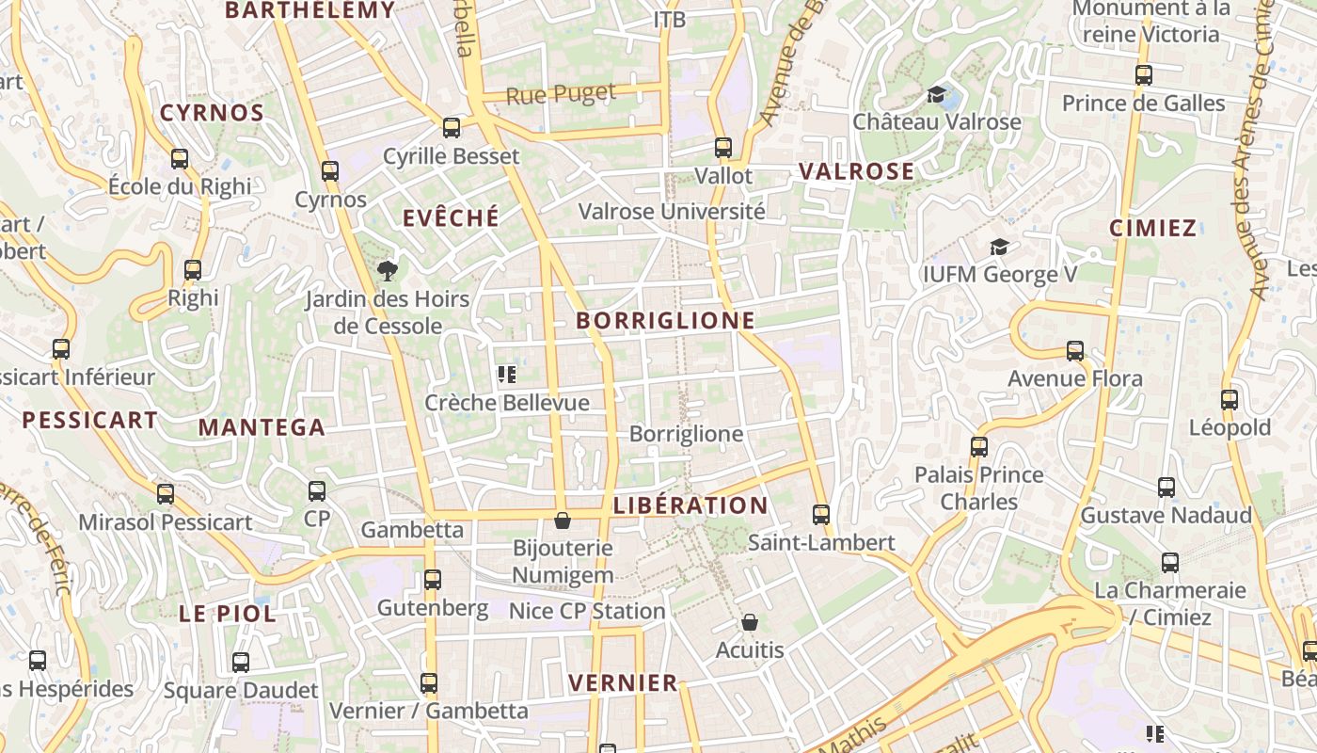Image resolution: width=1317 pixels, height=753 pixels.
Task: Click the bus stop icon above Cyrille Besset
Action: click(x=452, y=127)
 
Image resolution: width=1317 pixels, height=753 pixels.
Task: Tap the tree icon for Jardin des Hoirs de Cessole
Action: click(x=387, y=272)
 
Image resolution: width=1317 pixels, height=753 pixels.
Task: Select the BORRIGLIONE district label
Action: click(x=666, y=320)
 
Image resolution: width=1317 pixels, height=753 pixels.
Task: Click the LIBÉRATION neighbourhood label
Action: click(x=690, y=505)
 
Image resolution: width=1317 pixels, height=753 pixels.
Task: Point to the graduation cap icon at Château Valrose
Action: click(x=936, y=94)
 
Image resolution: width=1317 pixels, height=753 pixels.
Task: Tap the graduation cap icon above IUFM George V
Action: click(x=999, y=247)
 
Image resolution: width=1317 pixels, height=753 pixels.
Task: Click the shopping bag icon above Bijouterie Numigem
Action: click(x=563, y=521)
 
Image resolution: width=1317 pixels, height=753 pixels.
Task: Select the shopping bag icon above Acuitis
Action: click(x=750, y=622)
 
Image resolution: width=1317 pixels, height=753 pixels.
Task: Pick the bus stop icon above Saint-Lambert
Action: click(x=821, y=514)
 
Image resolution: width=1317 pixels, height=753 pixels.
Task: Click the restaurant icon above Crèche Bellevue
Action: click(x=507, y=375)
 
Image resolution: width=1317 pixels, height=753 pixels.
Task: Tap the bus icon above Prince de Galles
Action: click(x=1144, y=74)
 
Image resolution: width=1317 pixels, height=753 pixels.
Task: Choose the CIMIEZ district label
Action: click(x=1152, y=228)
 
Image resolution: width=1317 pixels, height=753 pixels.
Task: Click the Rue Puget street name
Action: click(x=561, y=94)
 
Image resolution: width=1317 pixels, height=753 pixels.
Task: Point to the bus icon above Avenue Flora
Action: click(x=1075, y=351)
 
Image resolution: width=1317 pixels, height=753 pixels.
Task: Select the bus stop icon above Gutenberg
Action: click(x=433, y=580)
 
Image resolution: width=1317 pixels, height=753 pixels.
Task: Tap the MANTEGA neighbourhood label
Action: click(x=262, y=427)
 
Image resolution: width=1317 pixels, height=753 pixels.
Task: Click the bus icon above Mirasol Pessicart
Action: click(x=166, y=493)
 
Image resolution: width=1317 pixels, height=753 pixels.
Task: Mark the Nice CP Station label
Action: click(x=587, y=611)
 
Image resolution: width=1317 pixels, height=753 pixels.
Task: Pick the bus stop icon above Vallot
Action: click(x=723, y=148)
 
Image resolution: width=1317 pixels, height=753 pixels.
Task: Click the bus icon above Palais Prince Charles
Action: click(x=979, y=446)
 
